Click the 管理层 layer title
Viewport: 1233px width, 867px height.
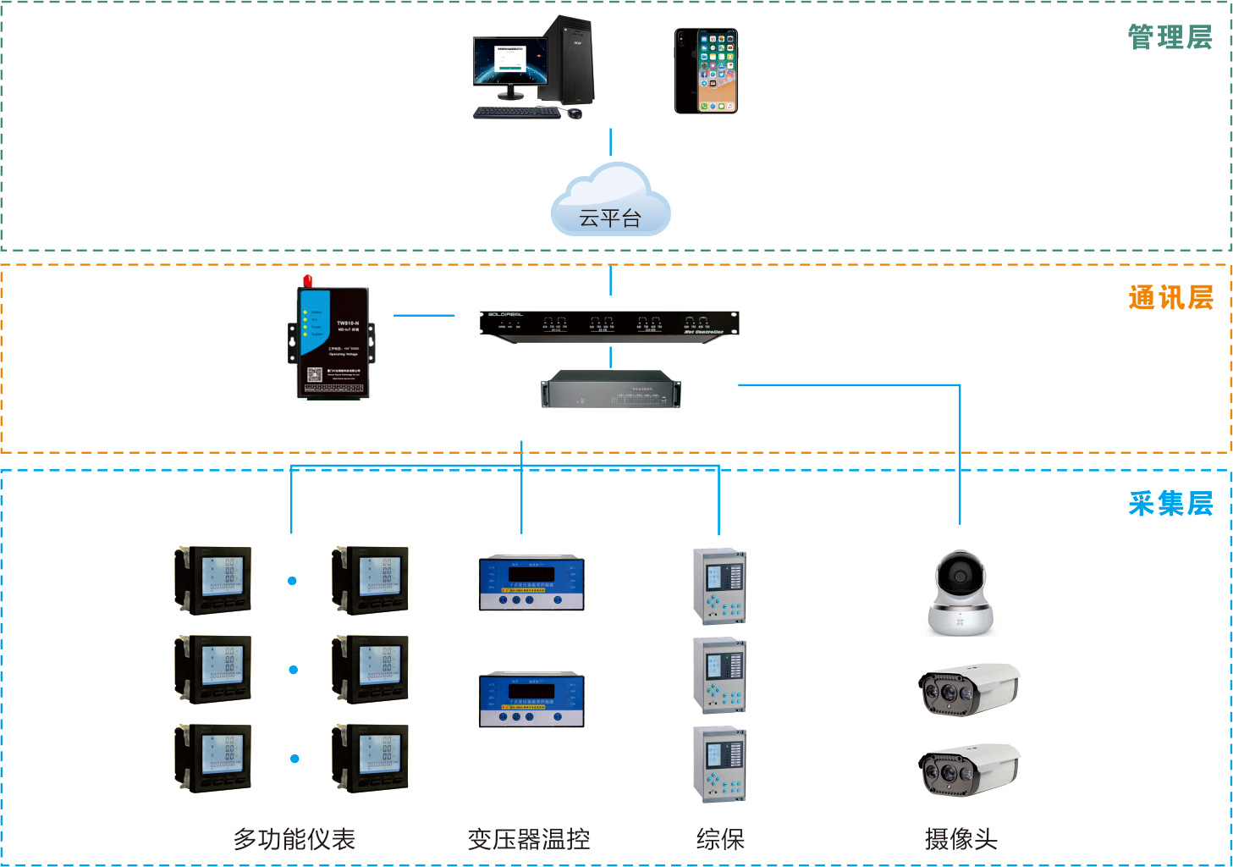pos(1170,38)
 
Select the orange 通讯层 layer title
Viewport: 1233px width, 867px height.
pos(1170,298)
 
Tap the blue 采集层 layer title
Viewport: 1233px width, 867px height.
pos(1170,504)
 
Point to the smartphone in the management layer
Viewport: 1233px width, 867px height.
pos(706,71)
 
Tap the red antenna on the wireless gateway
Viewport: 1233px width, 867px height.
pos(308,280)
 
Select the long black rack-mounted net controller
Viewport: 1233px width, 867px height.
pos(609,323)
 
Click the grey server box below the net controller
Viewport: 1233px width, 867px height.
pos(610,389)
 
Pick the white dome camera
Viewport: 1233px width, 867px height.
pos(960,593)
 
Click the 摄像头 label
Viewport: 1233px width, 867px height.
pos(961,839)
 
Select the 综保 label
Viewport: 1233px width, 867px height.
pos(720,839)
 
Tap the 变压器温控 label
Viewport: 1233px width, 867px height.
pos(529,839)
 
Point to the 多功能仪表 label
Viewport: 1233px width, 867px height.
pos(294,839)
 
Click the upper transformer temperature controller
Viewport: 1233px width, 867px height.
pos(531,583)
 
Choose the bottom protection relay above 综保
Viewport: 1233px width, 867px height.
pos(719,765)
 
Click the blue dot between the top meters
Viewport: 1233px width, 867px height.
pos(292,581)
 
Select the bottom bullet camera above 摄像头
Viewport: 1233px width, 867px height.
pos(969,770)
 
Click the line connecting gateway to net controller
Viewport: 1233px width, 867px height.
pos(424,316)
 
